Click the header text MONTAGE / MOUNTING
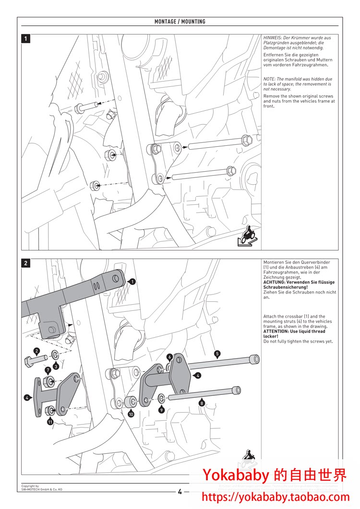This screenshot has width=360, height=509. click(180, 22)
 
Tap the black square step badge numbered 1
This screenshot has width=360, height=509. click(26, 39)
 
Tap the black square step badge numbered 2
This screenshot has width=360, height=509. click(26, 263)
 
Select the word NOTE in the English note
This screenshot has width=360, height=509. click(269, 79)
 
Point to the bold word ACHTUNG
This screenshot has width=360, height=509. click(275, 282)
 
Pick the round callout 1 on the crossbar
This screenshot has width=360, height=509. click(132, 282)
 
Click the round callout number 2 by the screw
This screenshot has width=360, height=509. click(36, 351)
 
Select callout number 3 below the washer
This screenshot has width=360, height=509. click(56, 367)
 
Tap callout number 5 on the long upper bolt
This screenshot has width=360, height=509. click(217, 354)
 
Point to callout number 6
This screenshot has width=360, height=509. click(169, 357)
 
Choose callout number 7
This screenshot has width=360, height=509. click(48, 370)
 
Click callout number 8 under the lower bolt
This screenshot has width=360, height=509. click(202, 403)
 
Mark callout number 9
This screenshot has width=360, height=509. click(162, 410)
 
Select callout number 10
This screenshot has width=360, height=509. click(131, 414)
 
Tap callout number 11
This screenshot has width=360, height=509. click(50, 422)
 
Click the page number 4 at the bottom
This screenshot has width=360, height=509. click(180, 491)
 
